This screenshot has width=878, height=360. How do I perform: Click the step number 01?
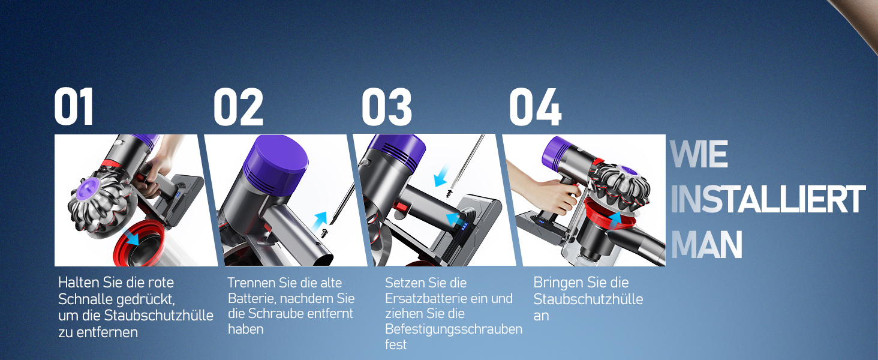tap(74, 107)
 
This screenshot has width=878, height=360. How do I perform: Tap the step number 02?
tap(238, 107)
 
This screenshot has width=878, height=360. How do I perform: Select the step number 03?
tap(386, 107)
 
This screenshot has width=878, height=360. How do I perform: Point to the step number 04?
tap(534, 107)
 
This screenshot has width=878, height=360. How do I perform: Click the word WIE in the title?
tap(699, 155)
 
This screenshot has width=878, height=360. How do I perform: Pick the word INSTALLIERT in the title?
tap(768, 200)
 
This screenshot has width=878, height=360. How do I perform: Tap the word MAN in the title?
tap(706, 245)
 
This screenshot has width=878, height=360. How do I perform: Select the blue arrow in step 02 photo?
tap(321, 219)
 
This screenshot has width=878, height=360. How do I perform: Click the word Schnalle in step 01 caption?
tap(83, 299)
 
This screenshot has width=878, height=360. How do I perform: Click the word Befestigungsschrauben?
tap(453, 329)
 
